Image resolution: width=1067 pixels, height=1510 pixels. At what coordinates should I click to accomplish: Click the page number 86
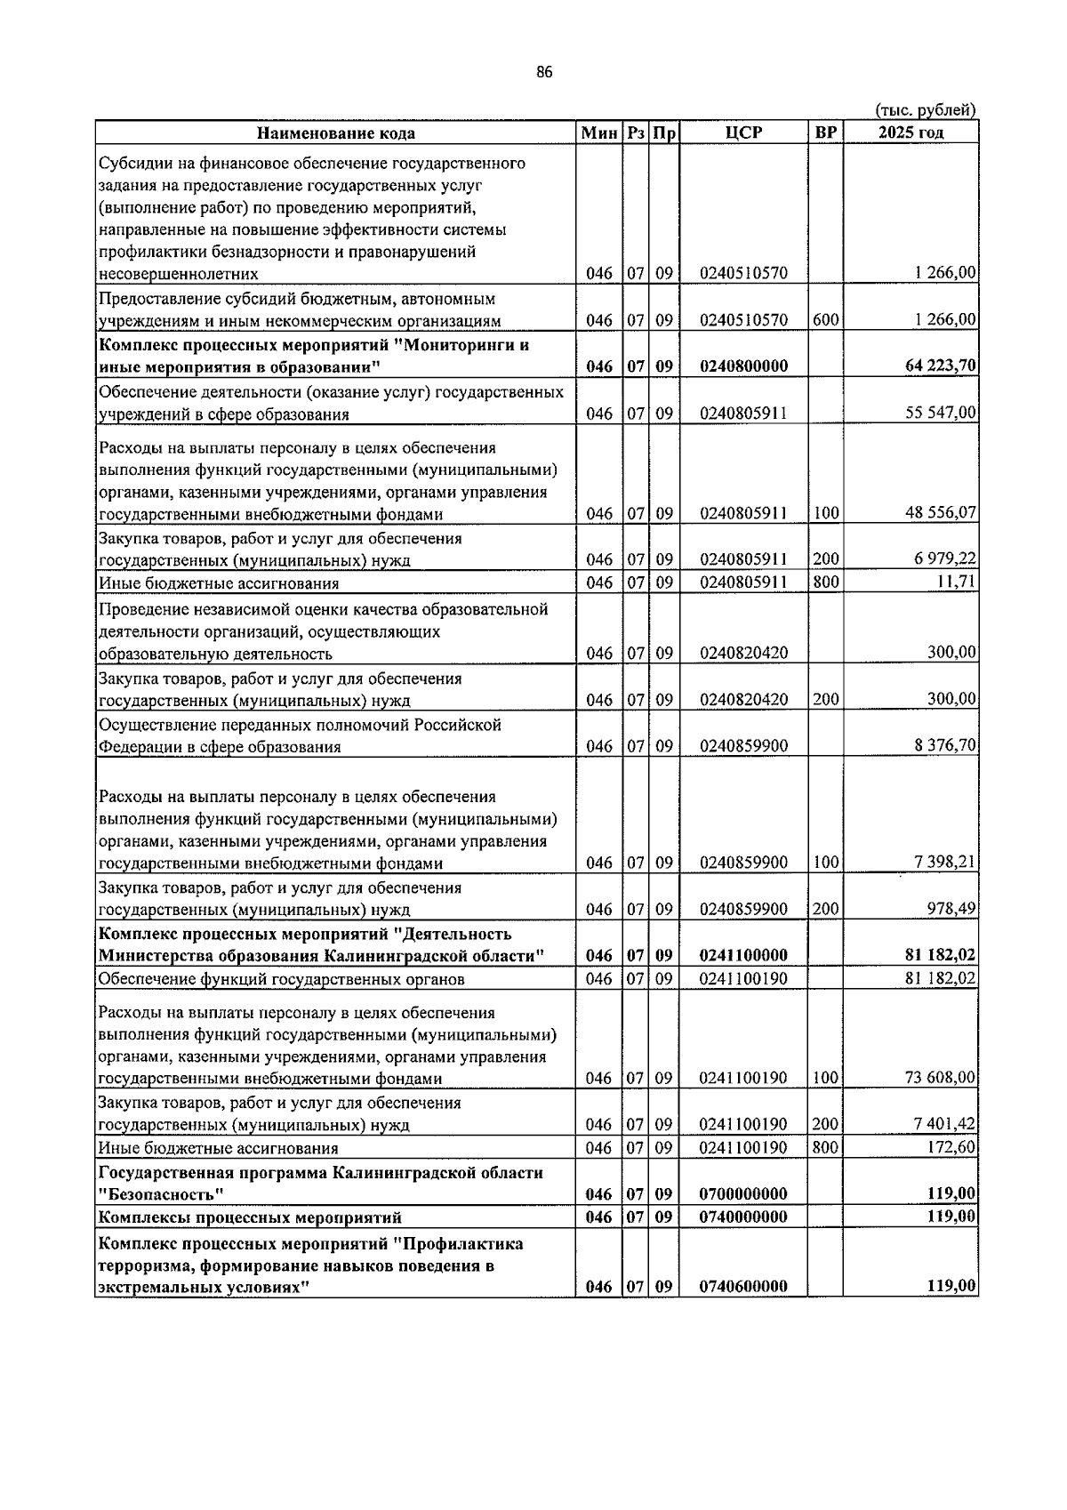pos(544,72)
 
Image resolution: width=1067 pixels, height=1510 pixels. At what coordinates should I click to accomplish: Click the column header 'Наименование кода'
pos(335,133)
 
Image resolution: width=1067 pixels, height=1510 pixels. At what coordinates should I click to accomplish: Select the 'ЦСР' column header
pos(743,133)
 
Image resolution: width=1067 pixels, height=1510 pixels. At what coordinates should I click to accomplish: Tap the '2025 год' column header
pos(911,133)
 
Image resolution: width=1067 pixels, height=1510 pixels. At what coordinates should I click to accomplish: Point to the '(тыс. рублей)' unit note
pos(926,110)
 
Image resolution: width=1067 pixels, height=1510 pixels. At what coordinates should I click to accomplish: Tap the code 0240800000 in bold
pos(743,365)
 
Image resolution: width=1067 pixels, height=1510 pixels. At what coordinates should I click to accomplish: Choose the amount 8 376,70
pos(944,745)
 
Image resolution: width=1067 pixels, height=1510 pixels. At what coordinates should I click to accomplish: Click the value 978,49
pos(951,909)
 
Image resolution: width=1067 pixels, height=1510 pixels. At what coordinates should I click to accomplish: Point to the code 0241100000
pos(743,955)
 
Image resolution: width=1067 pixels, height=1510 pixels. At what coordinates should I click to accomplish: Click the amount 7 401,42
pos(944,1124)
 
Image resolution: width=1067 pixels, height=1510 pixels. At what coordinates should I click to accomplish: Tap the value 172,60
pos(951,1147)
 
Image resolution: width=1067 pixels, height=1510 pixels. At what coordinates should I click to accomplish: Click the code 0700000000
pos(743,1193)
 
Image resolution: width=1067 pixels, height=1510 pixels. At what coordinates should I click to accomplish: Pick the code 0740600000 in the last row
pos(743,1286)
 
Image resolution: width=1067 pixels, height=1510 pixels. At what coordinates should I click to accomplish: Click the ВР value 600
pos(825,319)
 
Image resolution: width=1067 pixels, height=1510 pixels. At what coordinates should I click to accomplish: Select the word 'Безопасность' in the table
pos(160,1193)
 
